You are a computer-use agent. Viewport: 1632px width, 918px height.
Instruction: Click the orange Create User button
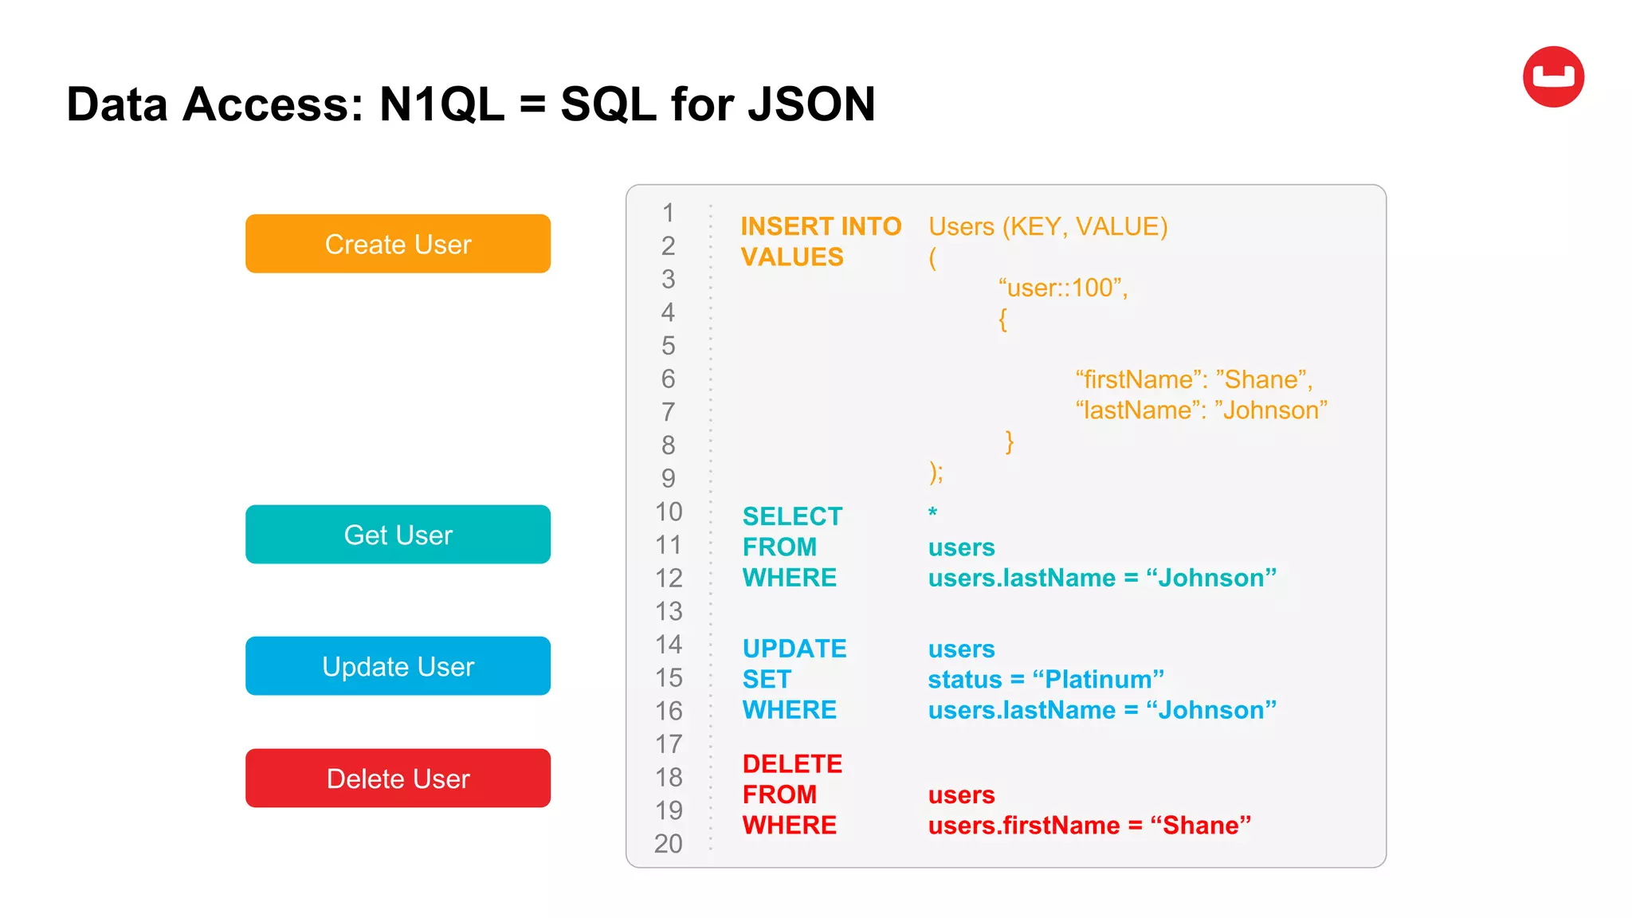coord(398,244)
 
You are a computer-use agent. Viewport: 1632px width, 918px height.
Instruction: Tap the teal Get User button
coord(398,535)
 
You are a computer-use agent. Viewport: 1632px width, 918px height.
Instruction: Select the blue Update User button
coord(398,666)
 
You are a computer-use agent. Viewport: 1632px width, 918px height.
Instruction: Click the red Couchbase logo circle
coord(1553,77)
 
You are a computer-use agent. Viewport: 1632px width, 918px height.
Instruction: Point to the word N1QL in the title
coord(441,104)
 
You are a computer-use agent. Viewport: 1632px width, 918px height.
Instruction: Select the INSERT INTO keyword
coord(821,227)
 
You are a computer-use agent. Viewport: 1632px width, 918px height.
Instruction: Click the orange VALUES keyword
coord(791,257)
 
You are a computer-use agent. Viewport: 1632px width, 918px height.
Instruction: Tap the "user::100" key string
coord(1062,288)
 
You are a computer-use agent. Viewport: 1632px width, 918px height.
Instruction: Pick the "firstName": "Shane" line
coord(1193,379)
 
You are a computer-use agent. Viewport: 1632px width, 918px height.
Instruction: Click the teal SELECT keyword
coord(792,516)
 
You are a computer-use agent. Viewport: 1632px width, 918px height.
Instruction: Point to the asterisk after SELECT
coord(932,512)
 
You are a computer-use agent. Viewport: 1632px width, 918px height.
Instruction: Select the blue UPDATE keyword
coord(794,649)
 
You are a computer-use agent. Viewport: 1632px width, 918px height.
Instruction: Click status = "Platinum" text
coord(1045,680)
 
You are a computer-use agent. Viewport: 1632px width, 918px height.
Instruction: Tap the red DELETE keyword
coord(792,764)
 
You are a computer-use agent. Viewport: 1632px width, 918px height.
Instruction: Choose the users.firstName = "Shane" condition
coord(1089,826)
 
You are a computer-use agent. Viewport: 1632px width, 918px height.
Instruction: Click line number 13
coord(669,611)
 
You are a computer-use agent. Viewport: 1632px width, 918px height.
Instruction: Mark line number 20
coord(669,843)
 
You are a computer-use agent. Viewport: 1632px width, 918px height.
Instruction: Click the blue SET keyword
coord(767,680)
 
